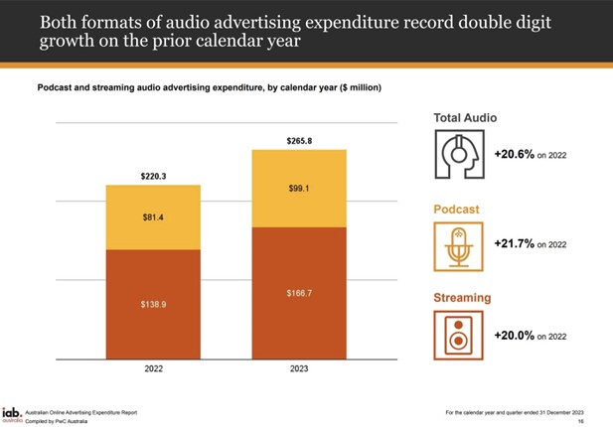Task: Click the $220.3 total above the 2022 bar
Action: tap(154, 176)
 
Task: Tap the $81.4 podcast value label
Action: tap(154, 216)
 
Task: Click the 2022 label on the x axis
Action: tap(154, 369)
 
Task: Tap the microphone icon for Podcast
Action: tap(458, 245)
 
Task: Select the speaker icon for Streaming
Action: tap(458, 335)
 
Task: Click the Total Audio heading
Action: tap(465, 118)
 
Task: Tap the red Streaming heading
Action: tap(462, 297)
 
